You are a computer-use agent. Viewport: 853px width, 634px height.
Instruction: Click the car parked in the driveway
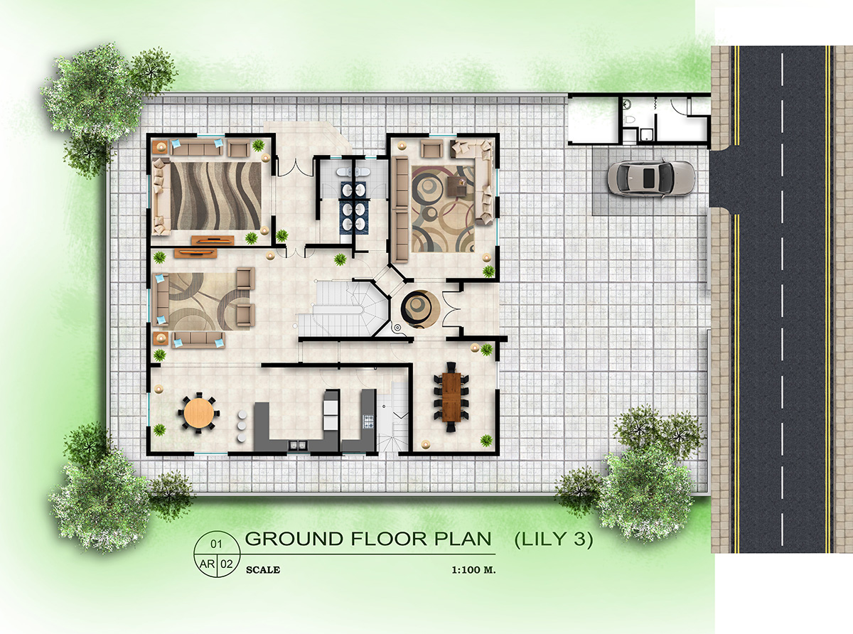pos(650,178)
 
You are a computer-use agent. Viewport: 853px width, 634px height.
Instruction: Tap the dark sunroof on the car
pos(648,178)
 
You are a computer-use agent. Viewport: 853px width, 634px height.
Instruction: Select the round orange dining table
pos(198,413)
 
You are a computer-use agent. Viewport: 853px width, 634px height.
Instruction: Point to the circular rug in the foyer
pos(419,307)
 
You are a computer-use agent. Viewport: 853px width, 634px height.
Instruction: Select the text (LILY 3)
pos(553,539)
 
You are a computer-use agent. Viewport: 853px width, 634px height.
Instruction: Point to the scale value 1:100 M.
pos(473,570)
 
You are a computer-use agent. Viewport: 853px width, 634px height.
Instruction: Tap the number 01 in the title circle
pos(216,544)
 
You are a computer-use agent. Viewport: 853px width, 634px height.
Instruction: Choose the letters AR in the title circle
pos(206,564)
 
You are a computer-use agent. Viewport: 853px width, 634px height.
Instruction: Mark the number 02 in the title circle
pos(227,564)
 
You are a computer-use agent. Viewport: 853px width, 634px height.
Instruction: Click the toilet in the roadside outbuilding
pos(628,104)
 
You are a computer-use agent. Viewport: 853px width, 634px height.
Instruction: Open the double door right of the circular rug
pos(454,307)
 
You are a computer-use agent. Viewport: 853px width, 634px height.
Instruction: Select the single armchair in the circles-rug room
pos(431,149)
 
